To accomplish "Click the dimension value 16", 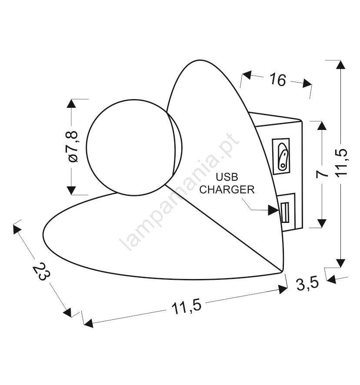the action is (278, 80).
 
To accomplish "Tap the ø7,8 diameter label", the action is (73, 146).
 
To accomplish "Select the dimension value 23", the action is (41, 271).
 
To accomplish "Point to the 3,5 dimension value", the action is (307, 284).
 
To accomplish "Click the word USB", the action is (227, 177).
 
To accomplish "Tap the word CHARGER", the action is (227, 189).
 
